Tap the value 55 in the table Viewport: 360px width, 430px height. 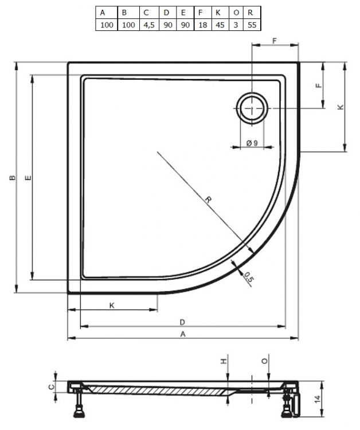(251, 25)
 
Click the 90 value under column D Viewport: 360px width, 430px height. (166, 25)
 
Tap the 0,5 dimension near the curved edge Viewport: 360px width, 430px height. (248, 277)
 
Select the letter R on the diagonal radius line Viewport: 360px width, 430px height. (209, 200)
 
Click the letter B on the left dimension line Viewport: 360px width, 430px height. (11, 179)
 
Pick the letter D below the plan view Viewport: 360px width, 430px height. (182, 321)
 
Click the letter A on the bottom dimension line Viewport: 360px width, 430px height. (182, 334)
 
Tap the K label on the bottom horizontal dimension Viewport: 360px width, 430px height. (112, 306)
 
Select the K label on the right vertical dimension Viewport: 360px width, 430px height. (341, 107)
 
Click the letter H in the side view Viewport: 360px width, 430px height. (224, 361)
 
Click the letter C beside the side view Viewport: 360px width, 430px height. (50, 387)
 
